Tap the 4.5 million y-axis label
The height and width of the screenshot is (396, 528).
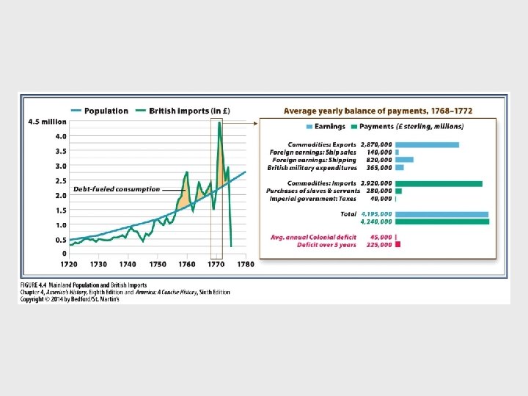pos(46,122)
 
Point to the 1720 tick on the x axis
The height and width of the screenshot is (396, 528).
pos(69,264)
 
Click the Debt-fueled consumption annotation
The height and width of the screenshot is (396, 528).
pos(117,189)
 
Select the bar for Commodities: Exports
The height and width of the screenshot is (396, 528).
pos(427,144)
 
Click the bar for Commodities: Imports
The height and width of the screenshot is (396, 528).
pos(439,183)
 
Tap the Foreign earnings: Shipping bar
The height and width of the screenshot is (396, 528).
pos(404,160)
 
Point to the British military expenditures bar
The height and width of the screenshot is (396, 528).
pos(400,167)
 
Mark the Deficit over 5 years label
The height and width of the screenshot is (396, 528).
pos(327,245)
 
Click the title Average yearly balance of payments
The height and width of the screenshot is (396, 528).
pos(378,111)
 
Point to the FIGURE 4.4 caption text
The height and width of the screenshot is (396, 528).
pos(83,285)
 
